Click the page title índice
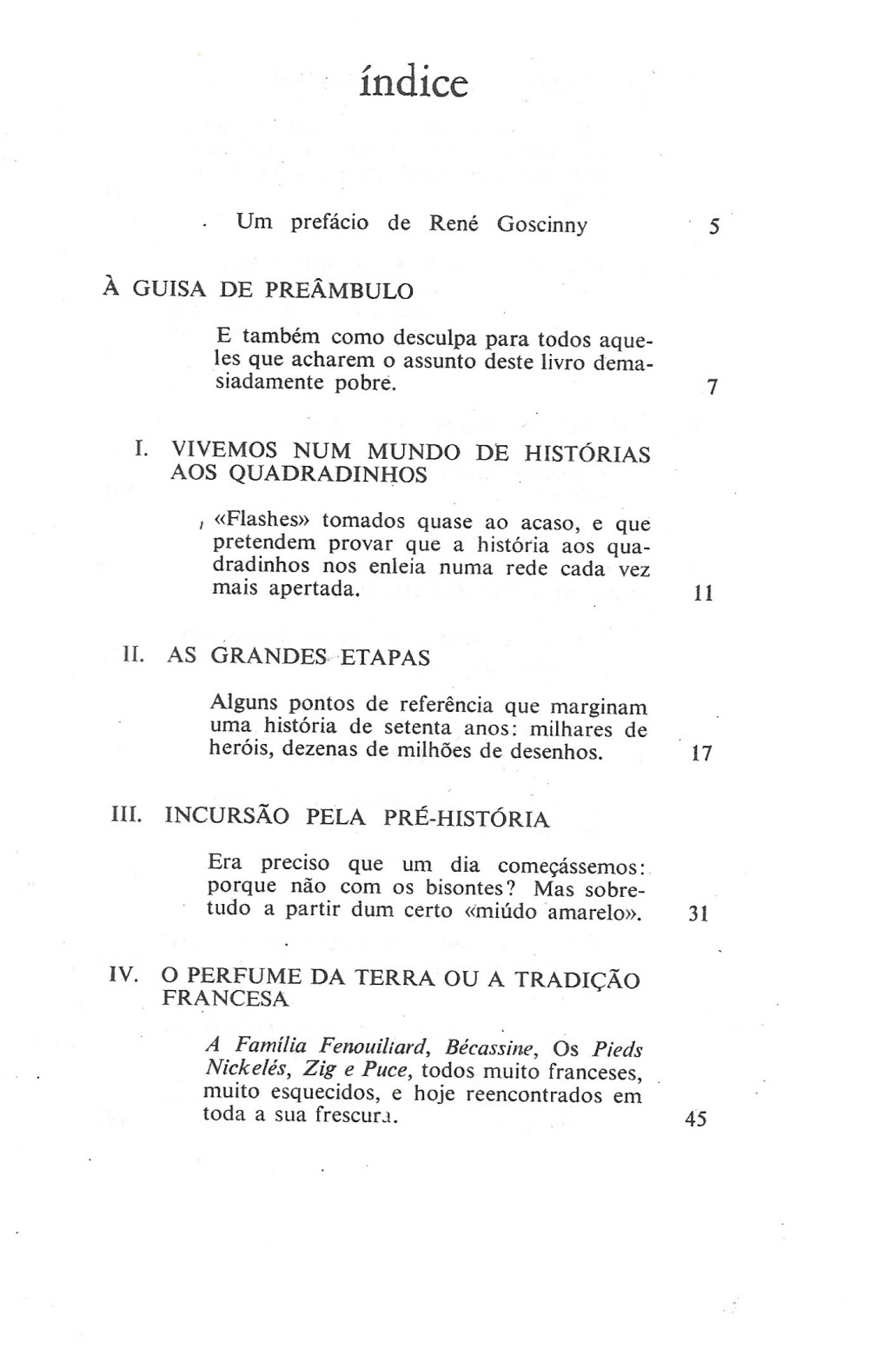pos(414,83)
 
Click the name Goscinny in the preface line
pos(542,224)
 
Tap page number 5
pos(714,228)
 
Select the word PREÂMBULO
pos(339,290)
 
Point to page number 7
pos(713,388)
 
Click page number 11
pos(704,595)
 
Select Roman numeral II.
pos(134,655)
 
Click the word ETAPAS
pos(385,657)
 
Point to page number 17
pos(701,754)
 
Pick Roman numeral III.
pos(128,815)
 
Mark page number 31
pos(699,914)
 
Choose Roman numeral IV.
pos(124,974)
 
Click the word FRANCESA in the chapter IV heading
pos(225,999)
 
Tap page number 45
pos(696,1120)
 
